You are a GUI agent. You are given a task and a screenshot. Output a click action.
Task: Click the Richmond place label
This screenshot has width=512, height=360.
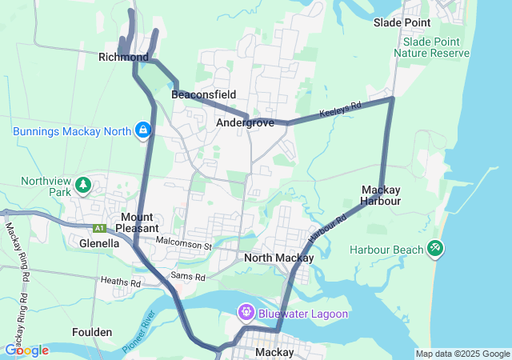coord(123,58)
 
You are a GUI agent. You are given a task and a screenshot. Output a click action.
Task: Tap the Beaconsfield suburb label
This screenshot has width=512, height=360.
coord(204,94)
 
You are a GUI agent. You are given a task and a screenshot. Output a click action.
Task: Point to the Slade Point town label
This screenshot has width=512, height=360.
coord(402,22)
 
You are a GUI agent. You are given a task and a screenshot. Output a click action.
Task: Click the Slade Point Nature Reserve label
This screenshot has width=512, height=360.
coord(435,47)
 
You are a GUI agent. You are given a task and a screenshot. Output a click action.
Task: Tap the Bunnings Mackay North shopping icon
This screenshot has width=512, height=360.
coord(142,130)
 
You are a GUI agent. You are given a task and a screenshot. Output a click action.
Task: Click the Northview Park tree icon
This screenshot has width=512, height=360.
coord(82,186)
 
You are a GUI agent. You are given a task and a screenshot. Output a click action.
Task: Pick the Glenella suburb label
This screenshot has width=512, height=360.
coord(99,242)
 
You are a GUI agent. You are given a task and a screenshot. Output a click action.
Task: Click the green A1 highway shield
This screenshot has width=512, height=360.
coord(99,228)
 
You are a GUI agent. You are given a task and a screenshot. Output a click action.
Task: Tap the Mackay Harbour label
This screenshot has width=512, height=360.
coord(381,195)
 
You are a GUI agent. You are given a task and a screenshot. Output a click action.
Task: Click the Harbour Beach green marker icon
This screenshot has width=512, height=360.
coord(434,250)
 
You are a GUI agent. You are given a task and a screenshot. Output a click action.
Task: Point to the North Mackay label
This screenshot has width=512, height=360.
coord(278,258)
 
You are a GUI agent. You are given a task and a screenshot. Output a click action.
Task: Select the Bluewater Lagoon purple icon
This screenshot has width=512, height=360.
coord(246,312)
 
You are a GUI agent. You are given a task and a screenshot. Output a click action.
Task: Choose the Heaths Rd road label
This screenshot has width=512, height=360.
coord(120,282)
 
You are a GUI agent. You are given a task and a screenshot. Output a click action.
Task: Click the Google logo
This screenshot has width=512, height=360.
coord(26,350)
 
